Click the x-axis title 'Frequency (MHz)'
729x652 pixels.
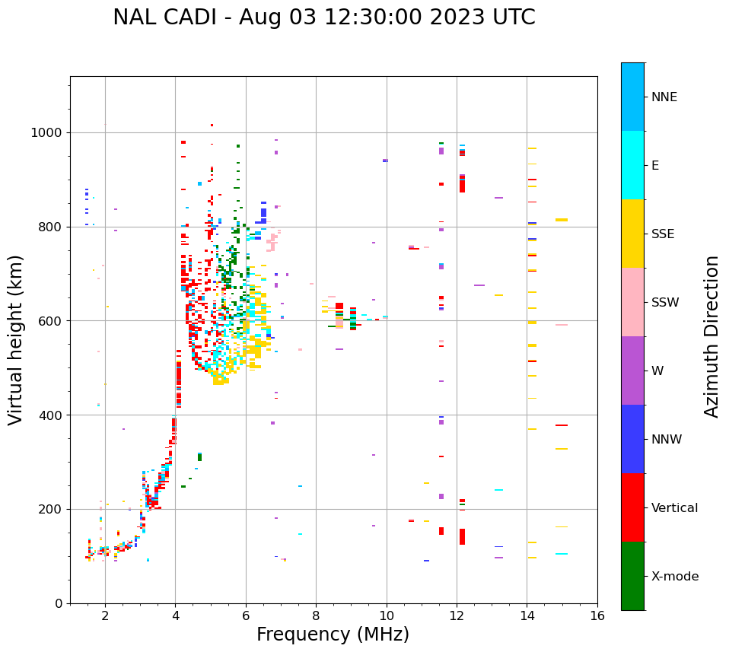tap(333, 635)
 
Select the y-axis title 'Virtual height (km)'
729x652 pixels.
tap(16, 339)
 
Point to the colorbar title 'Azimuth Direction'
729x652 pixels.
tap(711, 336)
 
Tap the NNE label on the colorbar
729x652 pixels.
tap(664, 97)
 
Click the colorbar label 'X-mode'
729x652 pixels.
tap(674, 577)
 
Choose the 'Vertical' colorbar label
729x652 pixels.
tap(674, 508)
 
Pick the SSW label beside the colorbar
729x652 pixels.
tap(665, 303)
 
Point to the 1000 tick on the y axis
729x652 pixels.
tap(47, 133)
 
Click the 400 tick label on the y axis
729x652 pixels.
tap(50, 415)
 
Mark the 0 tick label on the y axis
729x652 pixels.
tap(59, 603)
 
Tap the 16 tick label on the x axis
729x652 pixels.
tap(597, 615)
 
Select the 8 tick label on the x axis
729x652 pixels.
tap(316, 615)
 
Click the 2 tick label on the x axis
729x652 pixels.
tap(105, 615)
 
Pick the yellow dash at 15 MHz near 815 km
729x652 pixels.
tap(562, 220)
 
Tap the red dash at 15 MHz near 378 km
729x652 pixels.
tap(562, 425)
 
